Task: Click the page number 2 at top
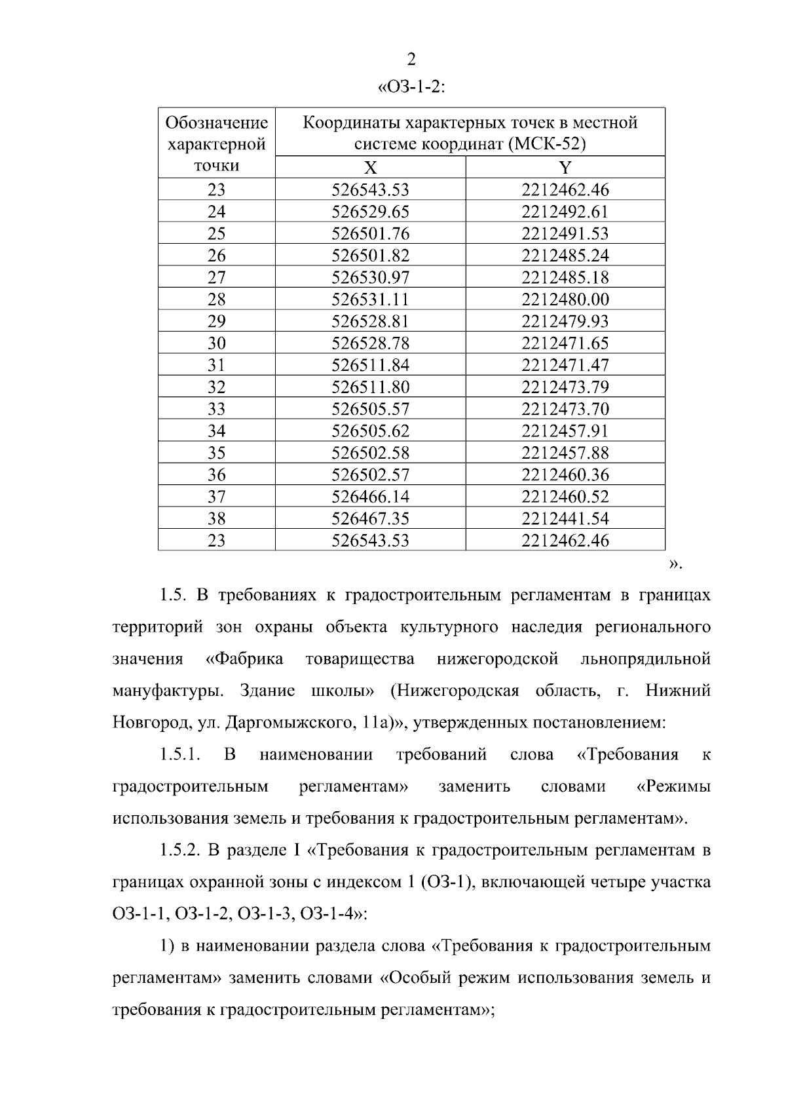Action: [x=411, y=60]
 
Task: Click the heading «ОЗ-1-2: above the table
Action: [x=412, y=87]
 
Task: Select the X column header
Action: [x=370, y=167]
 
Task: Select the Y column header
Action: [x=565, y=167]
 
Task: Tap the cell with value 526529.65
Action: [x=370, y=212]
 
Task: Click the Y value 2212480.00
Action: [x=565, y=299]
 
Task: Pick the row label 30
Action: [x=216, y=343]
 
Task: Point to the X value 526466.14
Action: [x=370, y=497]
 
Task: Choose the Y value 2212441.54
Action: [x=565, y=519]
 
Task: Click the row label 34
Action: [x=216, y=431]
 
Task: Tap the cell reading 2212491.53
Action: [x=565, y=234]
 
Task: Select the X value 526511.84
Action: [x=370, y=365]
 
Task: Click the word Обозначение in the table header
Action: [x=217, y=123]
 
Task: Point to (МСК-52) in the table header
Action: [x=546, y=144]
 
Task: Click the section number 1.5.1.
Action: [x=179, y=755]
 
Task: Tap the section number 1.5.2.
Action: [x=179, y=851]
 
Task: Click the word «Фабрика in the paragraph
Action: [x=244, y=659]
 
